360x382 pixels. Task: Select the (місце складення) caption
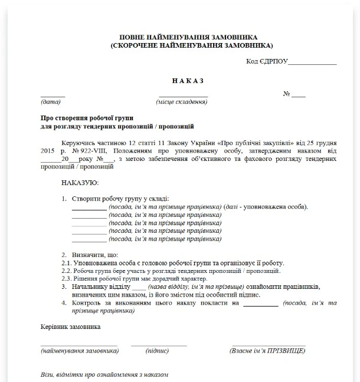181,102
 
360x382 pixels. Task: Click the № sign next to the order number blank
287,94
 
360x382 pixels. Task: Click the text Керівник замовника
70,326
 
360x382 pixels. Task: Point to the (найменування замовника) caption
79,351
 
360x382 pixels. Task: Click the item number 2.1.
66,263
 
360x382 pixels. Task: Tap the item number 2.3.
66,278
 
